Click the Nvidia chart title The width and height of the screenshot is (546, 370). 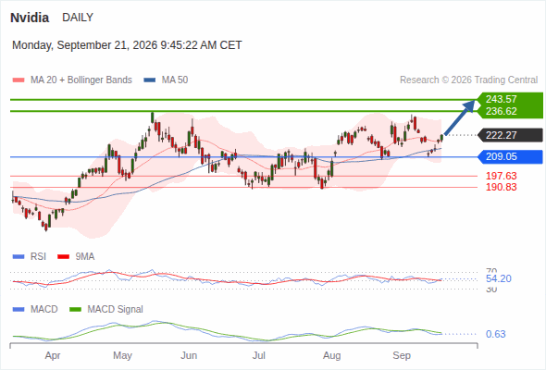(x=30, y=18)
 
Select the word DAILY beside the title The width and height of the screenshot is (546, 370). (x=78, y=18)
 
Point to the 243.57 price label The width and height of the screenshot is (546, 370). (x=501, y=99)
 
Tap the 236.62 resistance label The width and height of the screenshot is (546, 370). (x=501, y=111)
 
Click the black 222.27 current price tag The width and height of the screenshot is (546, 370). (x=501, y=135)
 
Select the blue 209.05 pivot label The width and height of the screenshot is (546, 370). (x=501, y=156)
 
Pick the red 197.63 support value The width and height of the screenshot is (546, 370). (x=501, y=176)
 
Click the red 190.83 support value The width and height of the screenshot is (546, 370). (x=501, y=187)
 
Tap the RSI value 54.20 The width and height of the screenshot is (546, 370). (x=499, y=278)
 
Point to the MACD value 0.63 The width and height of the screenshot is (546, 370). (x=495, y=334)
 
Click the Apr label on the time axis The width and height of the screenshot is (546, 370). (x=53, y=356)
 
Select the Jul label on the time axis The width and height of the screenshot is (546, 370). (x=259, y=355)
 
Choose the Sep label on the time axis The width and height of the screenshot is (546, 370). (x=402, y=355)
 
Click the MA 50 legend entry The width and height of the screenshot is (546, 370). (x=166, y=80)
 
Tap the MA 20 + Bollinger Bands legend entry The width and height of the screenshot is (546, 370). (x=72, y=80)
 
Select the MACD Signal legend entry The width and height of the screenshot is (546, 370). (x=106, y=310)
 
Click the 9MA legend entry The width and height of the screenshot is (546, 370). (x=76, y=257)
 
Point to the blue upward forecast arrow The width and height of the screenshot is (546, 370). (x=460, y=117)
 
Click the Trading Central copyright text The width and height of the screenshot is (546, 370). (x=468, y=80)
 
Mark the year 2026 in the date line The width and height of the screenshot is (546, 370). (x=145, y=45)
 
